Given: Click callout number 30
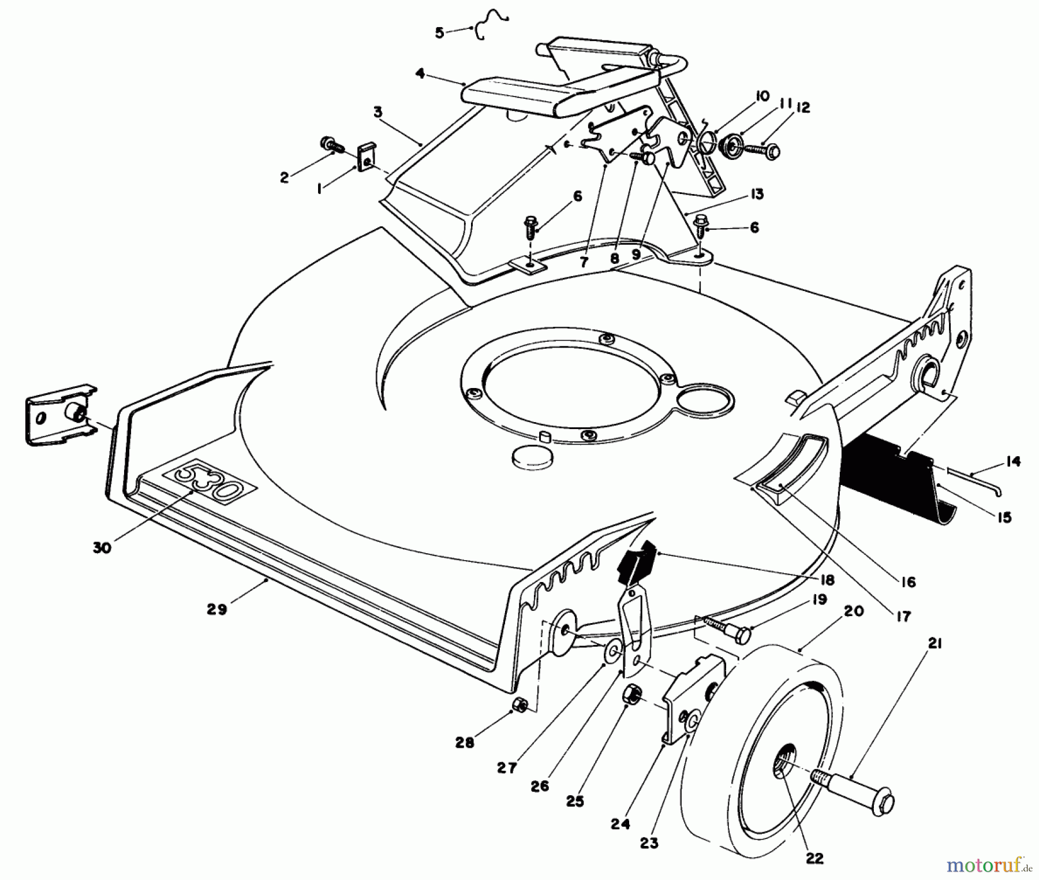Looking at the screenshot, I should coord(102,547).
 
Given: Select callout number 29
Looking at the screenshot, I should coord(216,609).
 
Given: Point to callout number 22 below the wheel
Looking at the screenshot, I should coord(814,858).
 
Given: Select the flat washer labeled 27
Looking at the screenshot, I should coord(613,651).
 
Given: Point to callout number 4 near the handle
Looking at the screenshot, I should coord(420,74).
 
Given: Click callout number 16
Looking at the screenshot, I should coord(908,582).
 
